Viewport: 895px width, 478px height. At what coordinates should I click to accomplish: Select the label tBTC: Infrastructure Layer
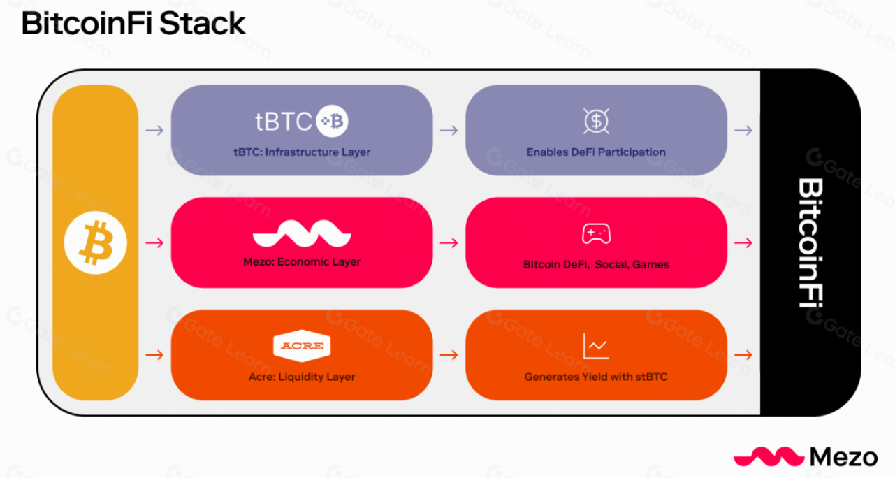(x=302, y=152)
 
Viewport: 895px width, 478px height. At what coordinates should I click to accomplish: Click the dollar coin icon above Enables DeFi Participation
(x=596, y=122)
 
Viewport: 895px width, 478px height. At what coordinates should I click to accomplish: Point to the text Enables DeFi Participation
(x=596, y=152)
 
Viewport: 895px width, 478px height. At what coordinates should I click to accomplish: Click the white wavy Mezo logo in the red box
(x=302, y=234)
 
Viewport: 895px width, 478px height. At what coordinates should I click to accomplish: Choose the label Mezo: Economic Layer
(x=302, y=262)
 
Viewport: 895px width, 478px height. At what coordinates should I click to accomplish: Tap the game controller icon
(x=596, y=234)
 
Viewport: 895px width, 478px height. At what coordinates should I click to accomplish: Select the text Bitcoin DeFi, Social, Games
(x=596, y=265)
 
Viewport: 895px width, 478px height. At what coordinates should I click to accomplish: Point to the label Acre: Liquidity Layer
(x=302, y=377)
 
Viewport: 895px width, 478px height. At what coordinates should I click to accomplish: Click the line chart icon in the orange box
(x=595, y=346)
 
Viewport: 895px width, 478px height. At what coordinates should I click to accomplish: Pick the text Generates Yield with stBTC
(x=596, y=377)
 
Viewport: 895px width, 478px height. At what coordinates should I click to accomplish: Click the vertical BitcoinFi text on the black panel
(x=810, y=242)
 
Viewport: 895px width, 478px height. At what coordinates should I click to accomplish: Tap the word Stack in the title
(x=203, y=24)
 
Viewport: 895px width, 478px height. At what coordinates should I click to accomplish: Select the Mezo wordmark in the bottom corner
(x=843, y=457)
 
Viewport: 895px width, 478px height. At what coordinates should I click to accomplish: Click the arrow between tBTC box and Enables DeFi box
(x=449, y=130)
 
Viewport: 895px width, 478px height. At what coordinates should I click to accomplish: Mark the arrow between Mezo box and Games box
(x=449, y=242)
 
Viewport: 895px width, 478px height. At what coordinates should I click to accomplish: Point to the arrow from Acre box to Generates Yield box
(x=449, y=355)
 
